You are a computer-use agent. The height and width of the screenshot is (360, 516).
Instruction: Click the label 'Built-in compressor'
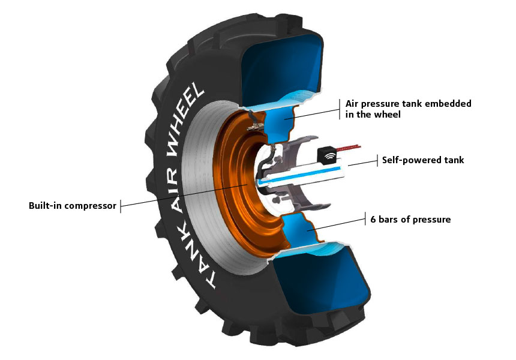click(72, 206)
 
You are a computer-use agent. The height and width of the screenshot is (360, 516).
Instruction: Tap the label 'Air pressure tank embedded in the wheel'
click(408, 109)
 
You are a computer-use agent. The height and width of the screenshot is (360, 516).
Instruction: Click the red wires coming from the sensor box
click(350, 146)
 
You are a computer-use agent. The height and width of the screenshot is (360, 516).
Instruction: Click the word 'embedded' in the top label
click(449, 103)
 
